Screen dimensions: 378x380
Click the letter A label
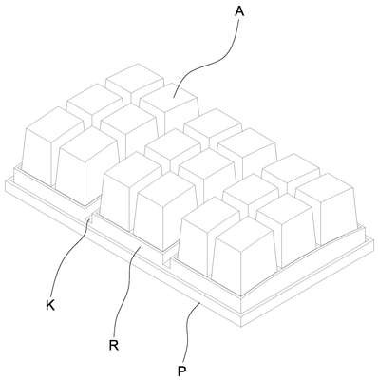(239, 11)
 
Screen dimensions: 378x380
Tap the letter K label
(50, 305)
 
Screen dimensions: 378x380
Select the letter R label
(113, 345)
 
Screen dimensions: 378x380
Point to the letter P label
(181, 370)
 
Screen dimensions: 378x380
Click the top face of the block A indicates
(168, 97)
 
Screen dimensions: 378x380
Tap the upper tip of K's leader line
(91, 218)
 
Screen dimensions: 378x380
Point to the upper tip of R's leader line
(141, 245)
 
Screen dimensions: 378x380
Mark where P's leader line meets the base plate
(199, 303)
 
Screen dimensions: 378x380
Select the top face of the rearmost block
(135, 75)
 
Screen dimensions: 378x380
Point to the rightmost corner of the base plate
(373, 240)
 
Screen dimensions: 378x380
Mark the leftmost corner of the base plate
(6, 181)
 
